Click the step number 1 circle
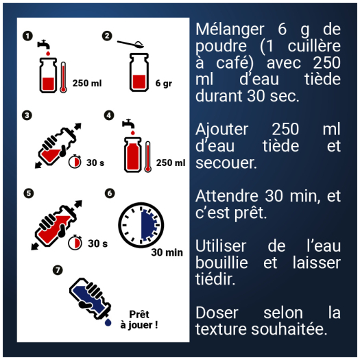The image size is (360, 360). click(27, 36)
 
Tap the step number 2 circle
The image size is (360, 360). click(107, 36)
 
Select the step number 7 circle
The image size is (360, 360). click(58, 269)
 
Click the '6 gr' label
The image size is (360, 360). click(163, 84)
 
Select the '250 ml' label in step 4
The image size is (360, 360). click(171, 163)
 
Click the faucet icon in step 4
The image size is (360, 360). click(128, 124)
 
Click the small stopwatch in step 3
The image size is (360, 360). click(75, 163)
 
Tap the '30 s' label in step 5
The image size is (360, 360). click(97, 243)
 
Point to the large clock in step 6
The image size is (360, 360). click(141, 224)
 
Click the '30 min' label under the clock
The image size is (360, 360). click(167, 252)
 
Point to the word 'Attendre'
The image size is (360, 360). click(226, 196)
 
